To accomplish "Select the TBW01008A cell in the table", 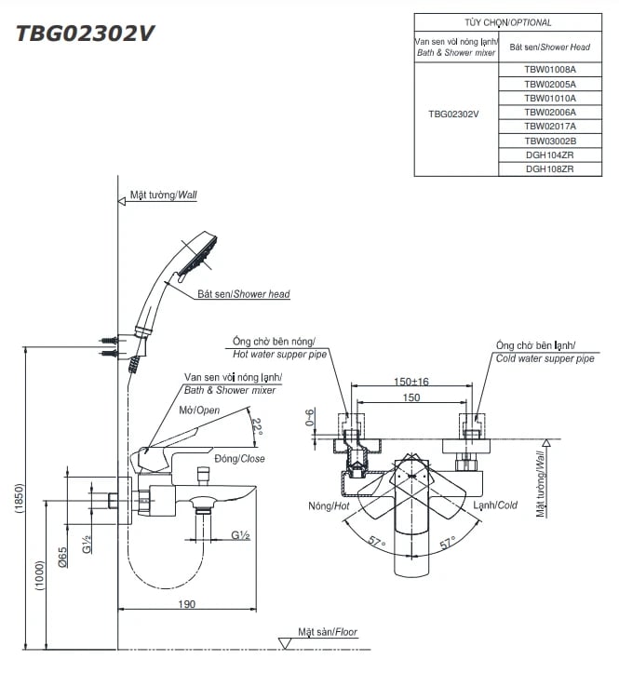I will tap(550, 69).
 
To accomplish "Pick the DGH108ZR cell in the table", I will tap(550, 169).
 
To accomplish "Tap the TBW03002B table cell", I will tap(550, 141).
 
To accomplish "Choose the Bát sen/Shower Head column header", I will tap(550, 47).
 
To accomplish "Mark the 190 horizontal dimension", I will tap(186, 605).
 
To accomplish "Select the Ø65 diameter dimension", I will tap(62, 556).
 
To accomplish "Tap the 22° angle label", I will tap(258, 427).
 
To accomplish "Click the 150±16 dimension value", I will tap(410, 382).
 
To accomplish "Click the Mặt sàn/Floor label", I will tap(327, 633).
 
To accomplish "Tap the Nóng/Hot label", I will tap(327, 505).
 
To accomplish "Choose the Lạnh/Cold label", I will tap(494, 505).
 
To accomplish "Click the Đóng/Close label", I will tap(239, 459).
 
